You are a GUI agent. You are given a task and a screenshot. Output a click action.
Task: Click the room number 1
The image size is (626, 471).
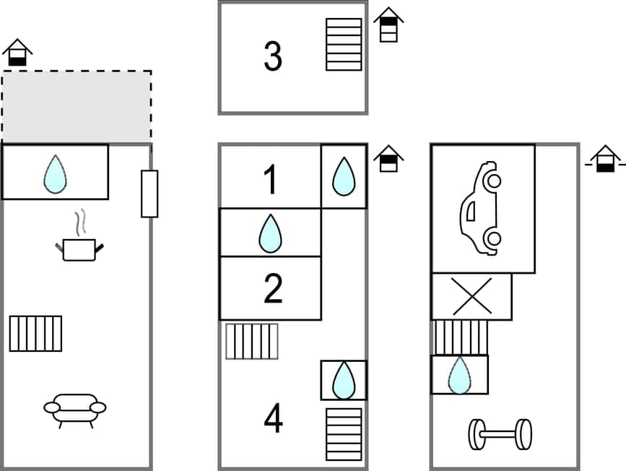271,180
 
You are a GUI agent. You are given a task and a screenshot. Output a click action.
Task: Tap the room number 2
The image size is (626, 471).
272,289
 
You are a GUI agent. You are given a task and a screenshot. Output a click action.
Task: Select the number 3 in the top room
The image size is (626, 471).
272,57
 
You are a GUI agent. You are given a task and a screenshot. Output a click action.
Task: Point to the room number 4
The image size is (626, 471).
273,419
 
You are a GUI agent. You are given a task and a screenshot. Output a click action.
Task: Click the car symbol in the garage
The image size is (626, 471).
480,208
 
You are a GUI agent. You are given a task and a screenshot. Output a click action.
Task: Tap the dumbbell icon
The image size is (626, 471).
500,434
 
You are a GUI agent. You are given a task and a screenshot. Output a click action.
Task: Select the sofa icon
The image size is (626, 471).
74,410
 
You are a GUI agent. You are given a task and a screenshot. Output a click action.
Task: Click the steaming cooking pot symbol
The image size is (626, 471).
79,241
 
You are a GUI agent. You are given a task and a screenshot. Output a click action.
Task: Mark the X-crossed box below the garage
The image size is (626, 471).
471,296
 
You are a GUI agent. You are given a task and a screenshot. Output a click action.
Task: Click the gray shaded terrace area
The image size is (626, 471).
77,107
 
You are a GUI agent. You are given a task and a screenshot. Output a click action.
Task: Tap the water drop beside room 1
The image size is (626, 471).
344,177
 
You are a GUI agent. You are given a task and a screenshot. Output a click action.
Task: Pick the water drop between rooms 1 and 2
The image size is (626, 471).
270,233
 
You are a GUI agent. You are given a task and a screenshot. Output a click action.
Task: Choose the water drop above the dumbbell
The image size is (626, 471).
459,375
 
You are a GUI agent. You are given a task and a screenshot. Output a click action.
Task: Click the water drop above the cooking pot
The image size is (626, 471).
55,174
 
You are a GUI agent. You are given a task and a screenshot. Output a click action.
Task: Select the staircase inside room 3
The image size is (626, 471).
344,44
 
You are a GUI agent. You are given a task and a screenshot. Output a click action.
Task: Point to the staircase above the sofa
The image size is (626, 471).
35,333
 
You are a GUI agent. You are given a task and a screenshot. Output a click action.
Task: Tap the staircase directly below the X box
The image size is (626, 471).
461,337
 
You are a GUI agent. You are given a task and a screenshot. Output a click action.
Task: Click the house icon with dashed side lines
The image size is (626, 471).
605,159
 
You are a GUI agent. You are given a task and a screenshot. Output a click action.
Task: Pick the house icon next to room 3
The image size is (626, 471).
388,25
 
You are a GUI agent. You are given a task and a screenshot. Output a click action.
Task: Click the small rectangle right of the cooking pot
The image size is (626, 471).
149,194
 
